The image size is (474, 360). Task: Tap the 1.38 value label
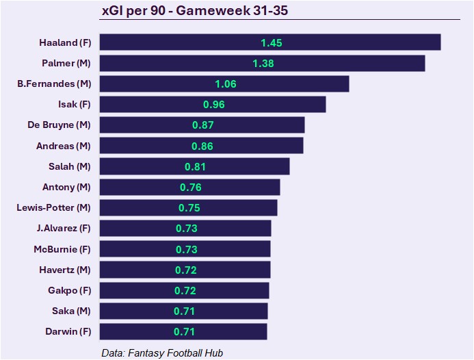[x=263, y=63]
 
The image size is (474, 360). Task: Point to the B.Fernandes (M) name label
[x=54, y=83]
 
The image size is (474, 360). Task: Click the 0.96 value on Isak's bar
[x=213, y=105]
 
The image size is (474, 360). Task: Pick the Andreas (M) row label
[x=63, y=146]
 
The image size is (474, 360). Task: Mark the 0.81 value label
[x=195, y=166]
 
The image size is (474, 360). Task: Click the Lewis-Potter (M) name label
[x=53, y=207]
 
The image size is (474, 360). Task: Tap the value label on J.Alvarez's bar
[x=187, y=229]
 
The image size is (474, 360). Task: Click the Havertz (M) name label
[x=64, y=270]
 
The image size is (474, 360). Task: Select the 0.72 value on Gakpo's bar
[x=185, y=291]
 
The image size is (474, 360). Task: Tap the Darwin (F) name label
[x=66, y=332]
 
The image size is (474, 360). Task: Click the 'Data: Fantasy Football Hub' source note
[x=162, y=352]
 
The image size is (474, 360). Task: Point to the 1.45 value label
[x=272, y=42]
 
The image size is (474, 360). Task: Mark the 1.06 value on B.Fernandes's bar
[x=225, y=83]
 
